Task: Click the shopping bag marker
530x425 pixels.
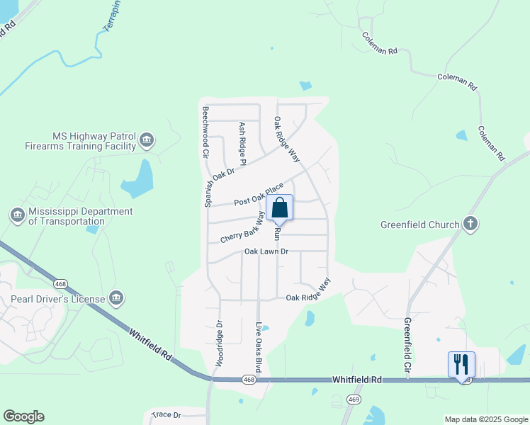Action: [x=281, y=208]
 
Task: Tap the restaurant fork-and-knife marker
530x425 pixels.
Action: [x=461, y=364]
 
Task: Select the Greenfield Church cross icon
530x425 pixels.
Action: [x=470, y=225]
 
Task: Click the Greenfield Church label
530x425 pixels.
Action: [x=419, y=225]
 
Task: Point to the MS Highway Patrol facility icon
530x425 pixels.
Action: [x=147, y=140]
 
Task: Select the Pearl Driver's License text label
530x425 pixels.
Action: [x=58, y=299]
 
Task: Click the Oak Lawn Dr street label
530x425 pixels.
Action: [x=266, y=251]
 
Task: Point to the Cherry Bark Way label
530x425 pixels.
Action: [x=242, y=228]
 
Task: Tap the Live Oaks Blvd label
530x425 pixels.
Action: [x=259, y=347]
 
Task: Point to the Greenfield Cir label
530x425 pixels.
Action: [x=407, y=346]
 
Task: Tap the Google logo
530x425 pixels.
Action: [x=23, y=416]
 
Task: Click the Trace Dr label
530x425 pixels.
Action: [x=167, y=414]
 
